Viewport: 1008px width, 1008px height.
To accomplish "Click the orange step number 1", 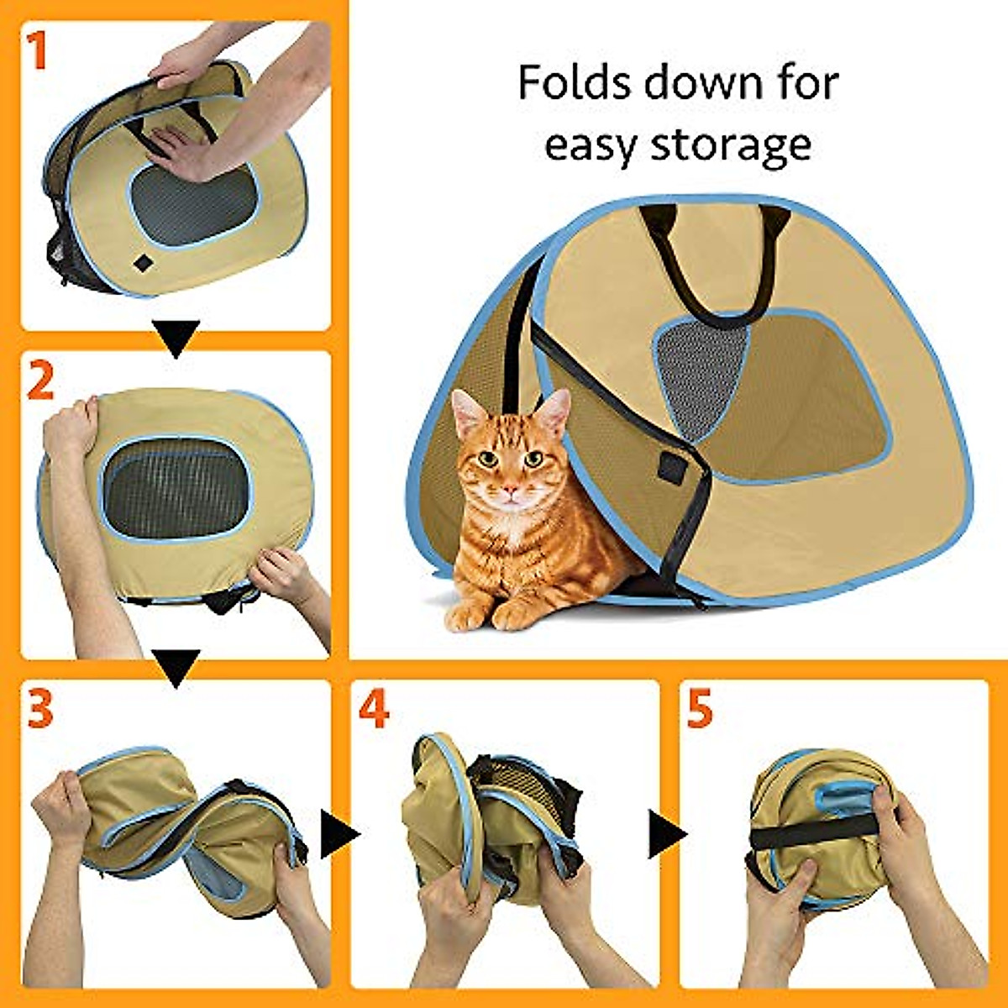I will tap(39, 51).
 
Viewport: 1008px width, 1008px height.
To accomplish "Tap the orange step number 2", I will tap(40, 381).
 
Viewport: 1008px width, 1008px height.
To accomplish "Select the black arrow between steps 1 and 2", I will tap(177, 338).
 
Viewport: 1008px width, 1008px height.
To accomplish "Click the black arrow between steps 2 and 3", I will tap(177, 667).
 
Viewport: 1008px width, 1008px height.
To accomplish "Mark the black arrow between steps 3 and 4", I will tap(338, 835).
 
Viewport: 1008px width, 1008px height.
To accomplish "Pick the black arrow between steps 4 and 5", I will tap(666, 835).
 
